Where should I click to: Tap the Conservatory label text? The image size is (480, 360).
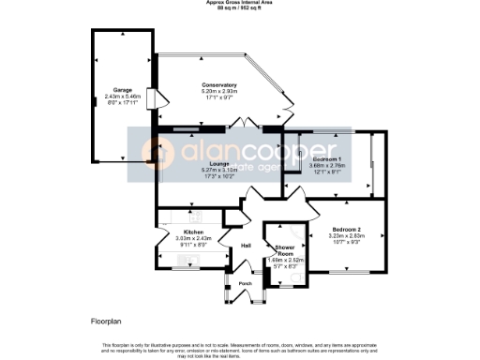click(218, 85)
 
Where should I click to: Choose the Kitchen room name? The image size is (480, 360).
click(193, 231)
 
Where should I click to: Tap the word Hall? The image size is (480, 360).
click(247, 246)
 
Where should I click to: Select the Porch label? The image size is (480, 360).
click(246, 283)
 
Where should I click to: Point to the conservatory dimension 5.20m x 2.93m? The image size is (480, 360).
click(218, 92)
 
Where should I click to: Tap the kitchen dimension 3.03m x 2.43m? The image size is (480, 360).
click(193, 237)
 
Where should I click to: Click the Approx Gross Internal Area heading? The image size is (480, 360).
click(239, 3)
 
